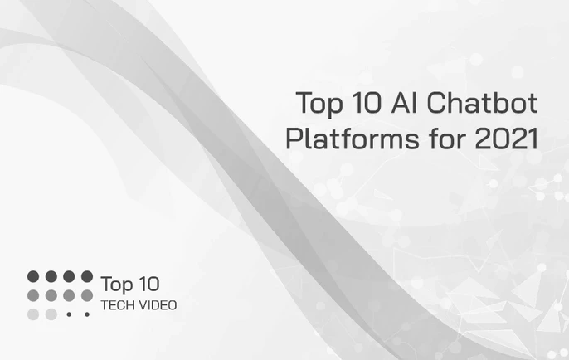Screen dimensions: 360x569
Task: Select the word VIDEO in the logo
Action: (158, 305)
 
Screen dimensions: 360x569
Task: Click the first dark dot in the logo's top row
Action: (33, 276)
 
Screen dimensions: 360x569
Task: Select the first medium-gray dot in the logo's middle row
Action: (33, 295)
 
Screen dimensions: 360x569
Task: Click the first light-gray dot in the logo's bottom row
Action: (33, 314)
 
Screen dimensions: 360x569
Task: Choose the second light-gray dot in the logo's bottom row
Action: (51, 314)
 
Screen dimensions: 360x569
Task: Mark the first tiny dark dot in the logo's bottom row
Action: (69, 314)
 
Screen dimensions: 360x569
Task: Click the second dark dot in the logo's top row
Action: (51, 276)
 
